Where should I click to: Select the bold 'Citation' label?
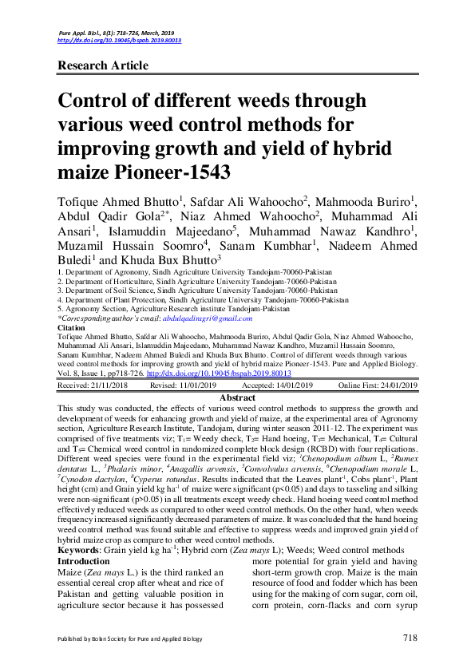[73, 327]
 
